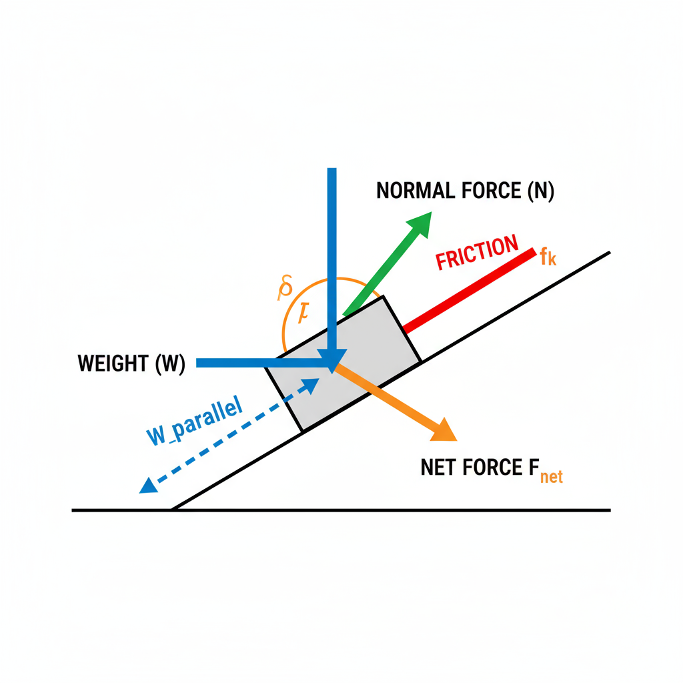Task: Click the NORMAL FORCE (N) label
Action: point(465,191)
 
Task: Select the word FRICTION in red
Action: point(476,253)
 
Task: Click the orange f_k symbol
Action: point(548,257)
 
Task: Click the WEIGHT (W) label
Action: point(131,364)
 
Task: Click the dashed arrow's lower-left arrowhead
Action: point(148,485)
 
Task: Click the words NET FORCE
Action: point(467,468)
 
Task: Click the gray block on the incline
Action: point(347,374)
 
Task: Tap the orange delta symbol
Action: point(285,288)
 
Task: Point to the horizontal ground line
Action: point(400,511)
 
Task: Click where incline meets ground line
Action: point(172,510)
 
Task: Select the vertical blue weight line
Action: point(331,253)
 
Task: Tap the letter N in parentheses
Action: point(540,191)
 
